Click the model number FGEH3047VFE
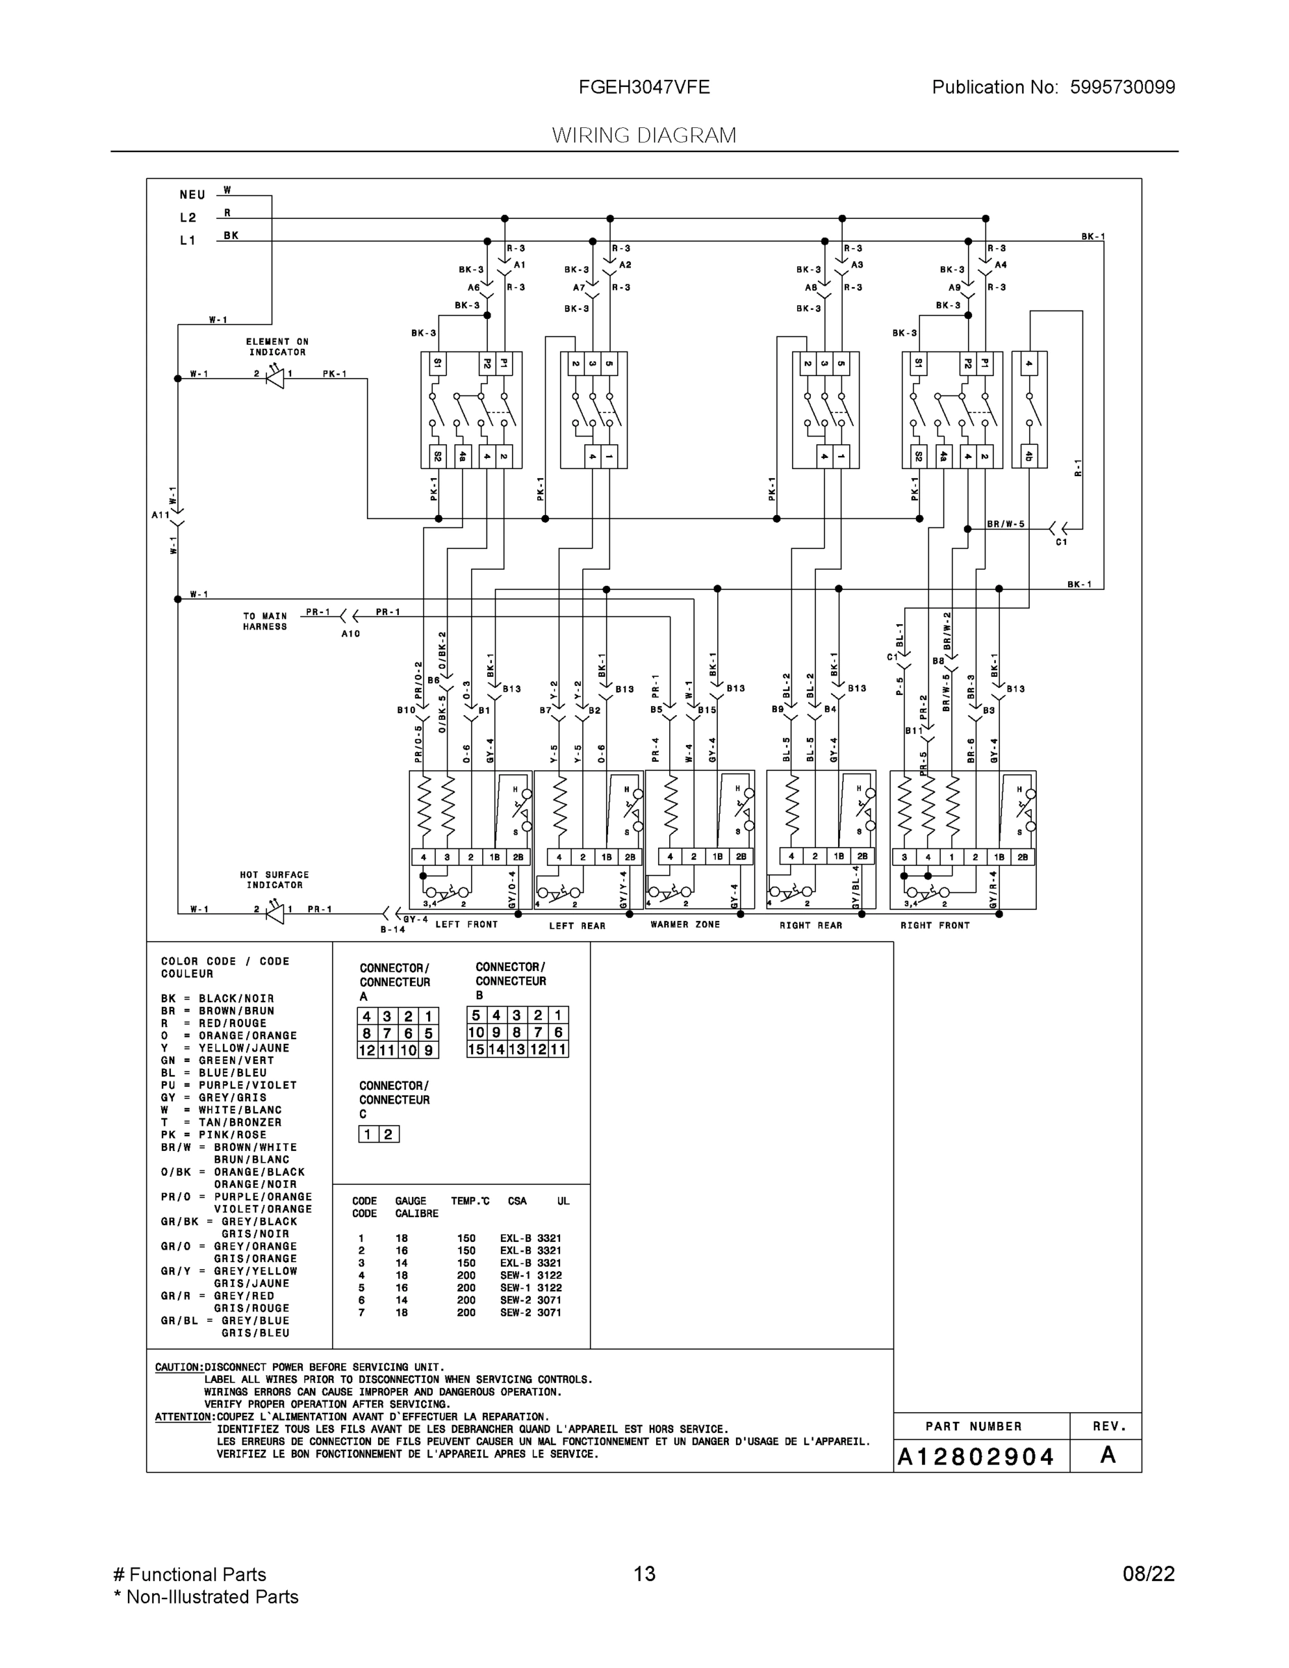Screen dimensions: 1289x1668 [x=643, y=88]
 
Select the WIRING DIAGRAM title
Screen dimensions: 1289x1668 [x=643, y=136]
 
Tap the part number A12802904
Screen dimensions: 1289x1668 [x=975, y=1457]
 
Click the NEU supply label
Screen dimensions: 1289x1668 [x=192, y=195]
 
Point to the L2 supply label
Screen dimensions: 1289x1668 [x=188, y=218]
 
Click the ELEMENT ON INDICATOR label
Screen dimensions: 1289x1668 [x=277, y=347]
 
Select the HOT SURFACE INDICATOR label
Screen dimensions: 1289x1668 [x=274, y=880]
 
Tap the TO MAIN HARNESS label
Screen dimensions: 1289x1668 [x=265, y=621]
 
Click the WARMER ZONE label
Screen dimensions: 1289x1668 [x=685, y=924]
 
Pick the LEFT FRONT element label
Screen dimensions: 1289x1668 [x=466, y=924]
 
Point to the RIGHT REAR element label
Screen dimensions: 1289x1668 [x=810, y=925]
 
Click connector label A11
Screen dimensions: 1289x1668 [x=161, y=515]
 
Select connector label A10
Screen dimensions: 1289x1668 [x=350, y=634]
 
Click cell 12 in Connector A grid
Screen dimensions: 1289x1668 [x=366, y=1050]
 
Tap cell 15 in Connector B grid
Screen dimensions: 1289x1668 [x=476, y=1049]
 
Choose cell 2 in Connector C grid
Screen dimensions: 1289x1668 [x=388, y=1134]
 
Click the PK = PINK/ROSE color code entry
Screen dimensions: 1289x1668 [x=213, y=1134]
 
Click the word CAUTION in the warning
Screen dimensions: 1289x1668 [x=179, y=1367]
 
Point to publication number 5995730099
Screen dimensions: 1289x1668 [x=1122, y=88]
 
